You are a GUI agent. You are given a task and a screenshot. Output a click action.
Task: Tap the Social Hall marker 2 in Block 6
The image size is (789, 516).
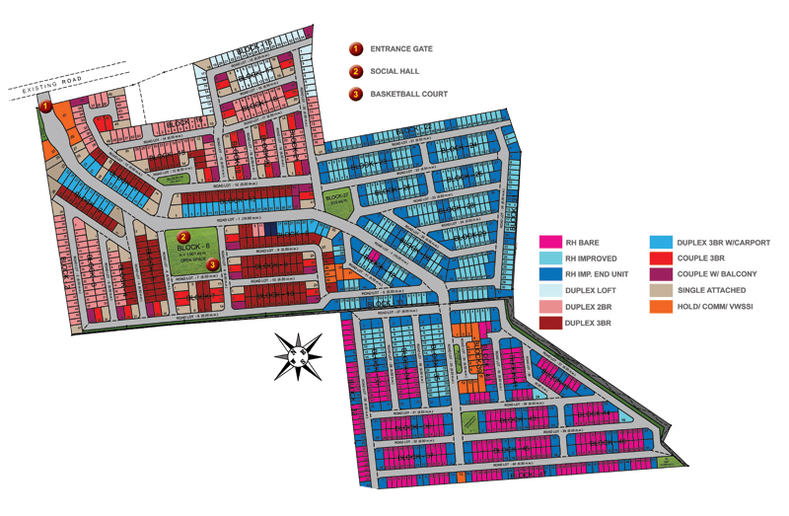pyautogui.click(x=184, y=236)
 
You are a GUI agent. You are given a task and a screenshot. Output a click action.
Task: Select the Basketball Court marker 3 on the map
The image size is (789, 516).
pyautogui.click(x=212, y=263)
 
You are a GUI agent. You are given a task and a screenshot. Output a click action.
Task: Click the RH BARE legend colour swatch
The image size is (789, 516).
pyautogui.click(x=550, y=242)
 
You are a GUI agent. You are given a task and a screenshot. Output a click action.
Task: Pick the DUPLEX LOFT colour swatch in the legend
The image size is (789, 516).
pyautogui.click(x=550, y=290)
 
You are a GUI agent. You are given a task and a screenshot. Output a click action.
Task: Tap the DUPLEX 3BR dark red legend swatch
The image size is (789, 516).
pyautogui.click(x=550, y=323)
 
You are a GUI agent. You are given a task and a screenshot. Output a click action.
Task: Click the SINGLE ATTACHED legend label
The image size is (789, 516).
pyautogui.click(x=712, y=290)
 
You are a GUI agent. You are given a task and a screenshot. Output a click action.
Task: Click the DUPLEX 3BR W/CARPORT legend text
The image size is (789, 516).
pyautogui.click(x=724, y=242)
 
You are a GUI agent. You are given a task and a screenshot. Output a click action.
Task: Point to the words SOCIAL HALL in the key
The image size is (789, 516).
pyautogui.click(x=395, y=71)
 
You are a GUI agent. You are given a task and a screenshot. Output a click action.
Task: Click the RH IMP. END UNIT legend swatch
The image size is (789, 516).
pyautogui.click(x=550, y=274)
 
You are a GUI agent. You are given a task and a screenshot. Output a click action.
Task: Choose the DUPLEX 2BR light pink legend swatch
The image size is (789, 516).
pyautogui.click(x=550, y=307)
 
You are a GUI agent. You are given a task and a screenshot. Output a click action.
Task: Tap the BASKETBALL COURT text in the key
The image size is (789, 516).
pyautogui.click(x=409, y=94)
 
